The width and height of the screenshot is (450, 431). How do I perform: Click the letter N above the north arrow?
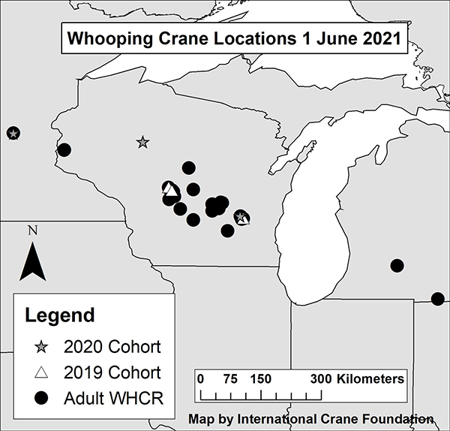(x=32, y=231)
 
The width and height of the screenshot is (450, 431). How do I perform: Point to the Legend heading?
(x=60, y=315)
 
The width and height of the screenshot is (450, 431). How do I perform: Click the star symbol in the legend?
(x=43, y=347)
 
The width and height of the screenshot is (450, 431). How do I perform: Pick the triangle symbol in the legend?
(x=43, y=372)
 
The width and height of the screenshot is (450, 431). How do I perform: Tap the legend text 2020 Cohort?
(x=112, y=347)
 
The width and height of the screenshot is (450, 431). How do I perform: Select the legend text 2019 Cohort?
(x=112, y=372)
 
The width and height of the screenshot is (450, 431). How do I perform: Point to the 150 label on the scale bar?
(x=261, y=378)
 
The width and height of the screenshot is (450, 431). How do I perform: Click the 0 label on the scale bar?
(x=200, y=378)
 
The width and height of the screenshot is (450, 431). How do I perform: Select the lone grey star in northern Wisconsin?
(x=142, y=142)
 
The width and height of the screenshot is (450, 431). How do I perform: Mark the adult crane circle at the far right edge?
(x=438, y=298)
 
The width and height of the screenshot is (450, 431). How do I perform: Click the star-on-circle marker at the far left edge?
(x=13, y=134)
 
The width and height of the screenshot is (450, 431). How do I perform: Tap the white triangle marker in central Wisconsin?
(x=170, y=189)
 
